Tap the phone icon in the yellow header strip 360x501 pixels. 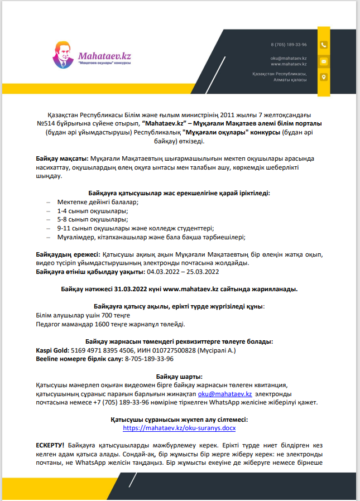pos(324,45)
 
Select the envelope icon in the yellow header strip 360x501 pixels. pos(324,61)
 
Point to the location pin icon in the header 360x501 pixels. pos(324,77)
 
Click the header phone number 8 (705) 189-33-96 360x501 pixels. pos(289,44)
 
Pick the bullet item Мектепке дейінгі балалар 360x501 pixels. pos(98,202)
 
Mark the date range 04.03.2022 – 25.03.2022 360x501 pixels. pos(184,272)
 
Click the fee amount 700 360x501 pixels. pos(102,315)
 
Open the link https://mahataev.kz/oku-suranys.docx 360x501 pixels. pos(179,428)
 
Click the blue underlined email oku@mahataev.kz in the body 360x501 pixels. pos(224,393)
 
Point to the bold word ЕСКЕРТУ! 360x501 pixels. pos(50,446)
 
